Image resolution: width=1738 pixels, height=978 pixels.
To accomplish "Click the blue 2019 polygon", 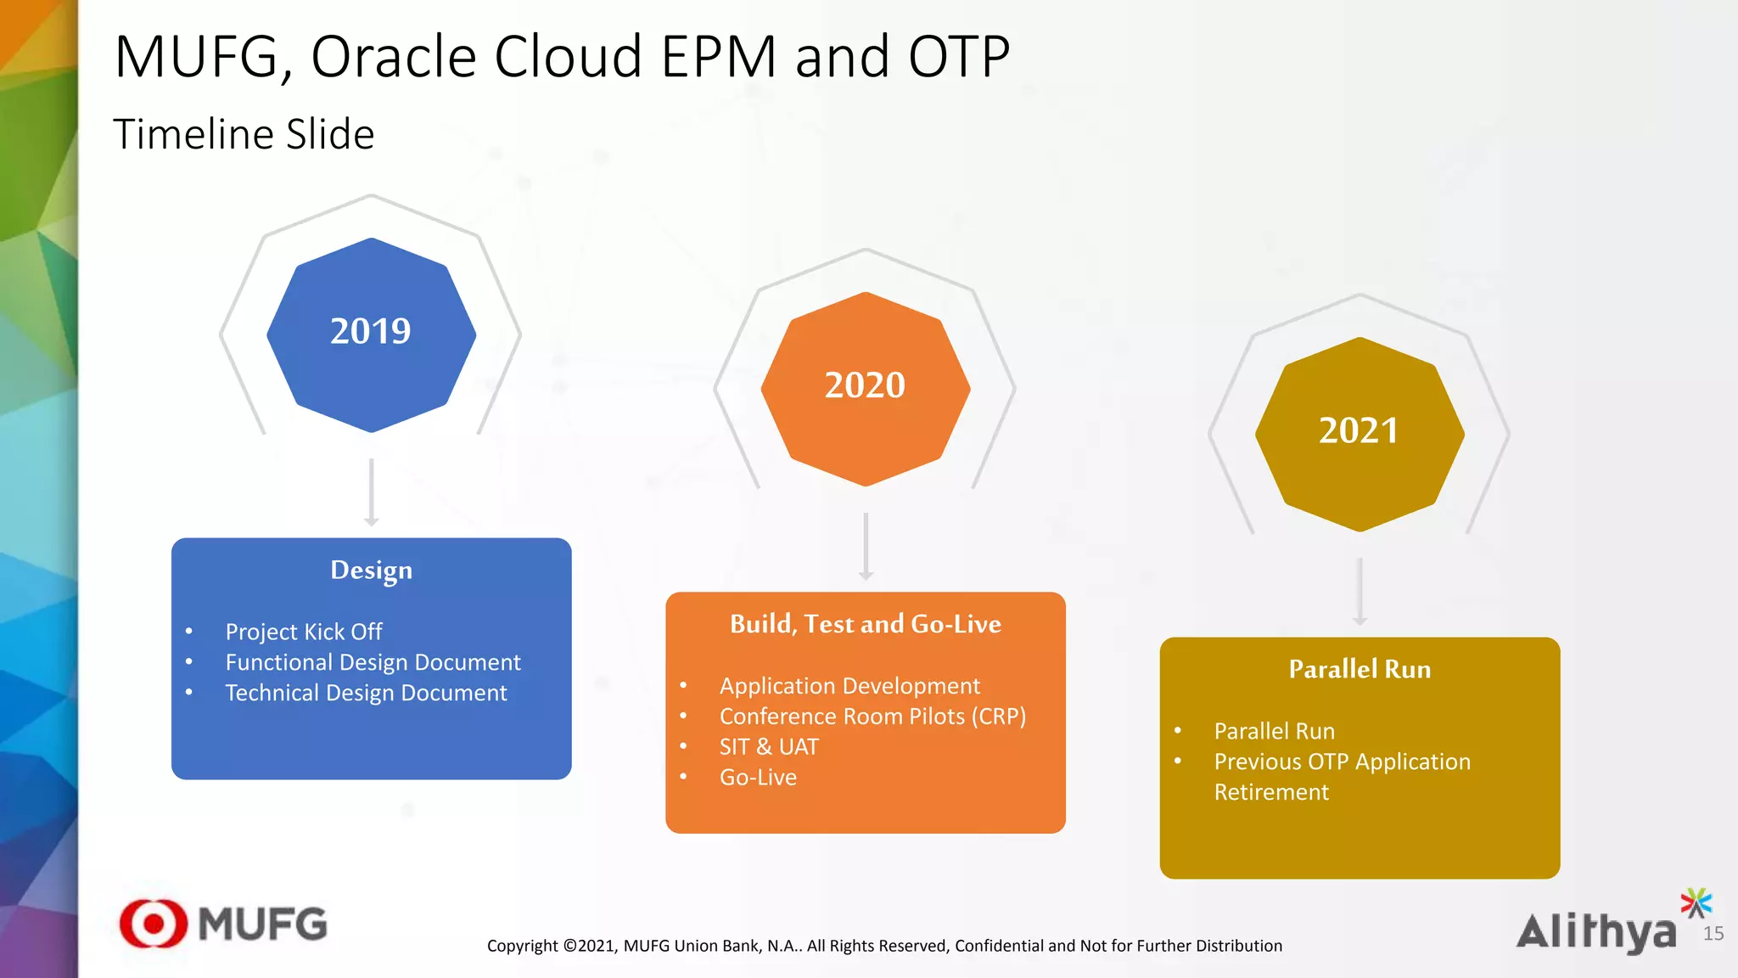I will click(371, 334).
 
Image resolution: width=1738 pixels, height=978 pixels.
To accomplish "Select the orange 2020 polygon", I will click(865, 389).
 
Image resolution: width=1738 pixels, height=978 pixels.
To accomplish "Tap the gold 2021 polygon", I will click(1359, 434).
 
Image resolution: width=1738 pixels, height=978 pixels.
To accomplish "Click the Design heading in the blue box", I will click(371, 570).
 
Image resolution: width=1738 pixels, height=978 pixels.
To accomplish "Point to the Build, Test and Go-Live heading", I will click(865, 624).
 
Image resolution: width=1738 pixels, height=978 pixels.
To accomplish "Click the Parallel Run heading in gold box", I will click(1359, 669).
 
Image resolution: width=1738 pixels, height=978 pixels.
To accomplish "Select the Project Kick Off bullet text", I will click(303, 632).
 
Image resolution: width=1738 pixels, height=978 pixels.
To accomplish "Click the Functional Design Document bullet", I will click(373, 662).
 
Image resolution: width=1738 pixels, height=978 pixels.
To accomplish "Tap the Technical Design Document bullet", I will click(366, 693).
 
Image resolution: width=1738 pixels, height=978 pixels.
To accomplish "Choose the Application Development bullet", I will click(849, 686).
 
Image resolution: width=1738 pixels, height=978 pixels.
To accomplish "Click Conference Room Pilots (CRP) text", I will click(872, 717).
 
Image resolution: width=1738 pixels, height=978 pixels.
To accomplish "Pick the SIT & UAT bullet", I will click(769, 747).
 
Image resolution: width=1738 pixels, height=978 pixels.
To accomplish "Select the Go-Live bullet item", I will click(758, 778).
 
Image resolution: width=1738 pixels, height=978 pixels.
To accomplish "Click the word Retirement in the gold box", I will click(1270, 792).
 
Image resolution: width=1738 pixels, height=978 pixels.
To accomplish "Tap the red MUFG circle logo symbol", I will click(153, 924).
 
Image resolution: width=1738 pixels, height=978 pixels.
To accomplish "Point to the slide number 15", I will click(1713, 934).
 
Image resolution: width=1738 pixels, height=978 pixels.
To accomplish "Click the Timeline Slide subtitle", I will click(244, 134).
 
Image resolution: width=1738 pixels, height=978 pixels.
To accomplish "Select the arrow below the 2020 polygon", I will click(865, 546).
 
